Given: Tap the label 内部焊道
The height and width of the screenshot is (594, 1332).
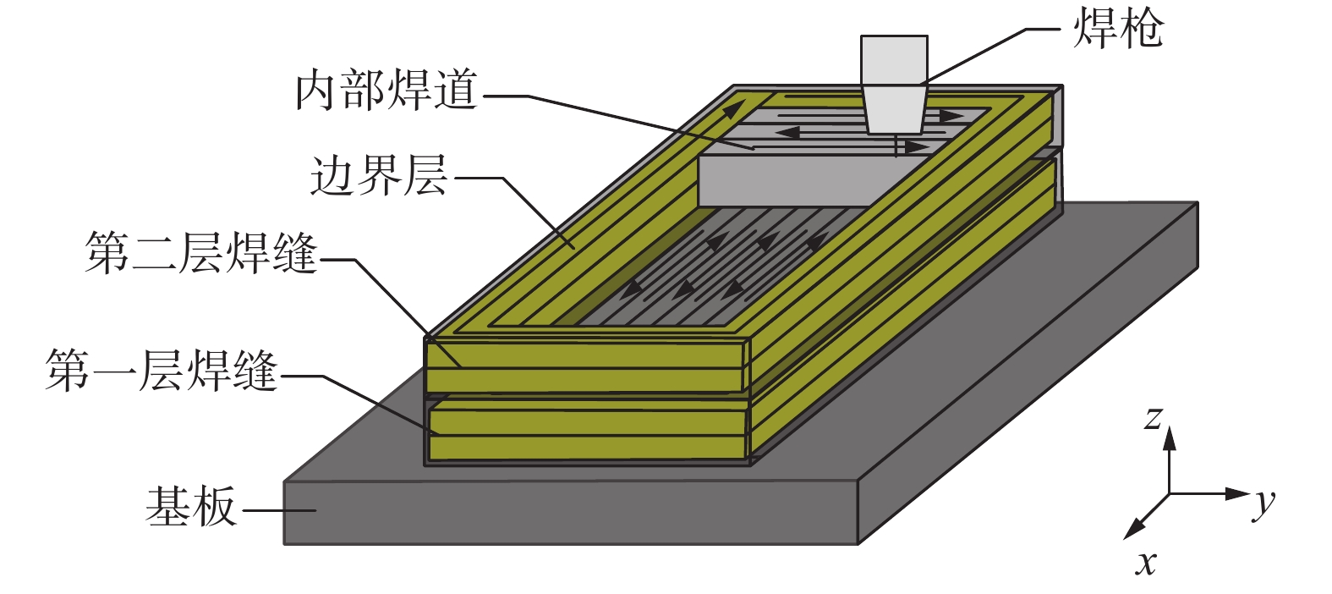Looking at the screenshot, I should point(386,91).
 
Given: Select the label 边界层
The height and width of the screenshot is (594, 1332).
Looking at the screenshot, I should point(378,176).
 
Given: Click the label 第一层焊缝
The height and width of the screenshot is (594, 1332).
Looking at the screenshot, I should point(161,371).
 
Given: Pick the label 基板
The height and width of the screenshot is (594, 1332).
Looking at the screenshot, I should point(190,507).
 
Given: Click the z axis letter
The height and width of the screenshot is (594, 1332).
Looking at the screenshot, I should point(1152,418).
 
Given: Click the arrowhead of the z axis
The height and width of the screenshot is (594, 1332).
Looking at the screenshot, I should point(1170,436).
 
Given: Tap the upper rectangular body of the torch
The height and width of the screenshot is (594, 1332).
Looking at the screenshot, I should point(894,59).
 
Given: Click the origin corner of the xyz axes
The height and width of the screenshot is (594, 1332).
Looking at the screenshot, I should point(1170,493).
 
